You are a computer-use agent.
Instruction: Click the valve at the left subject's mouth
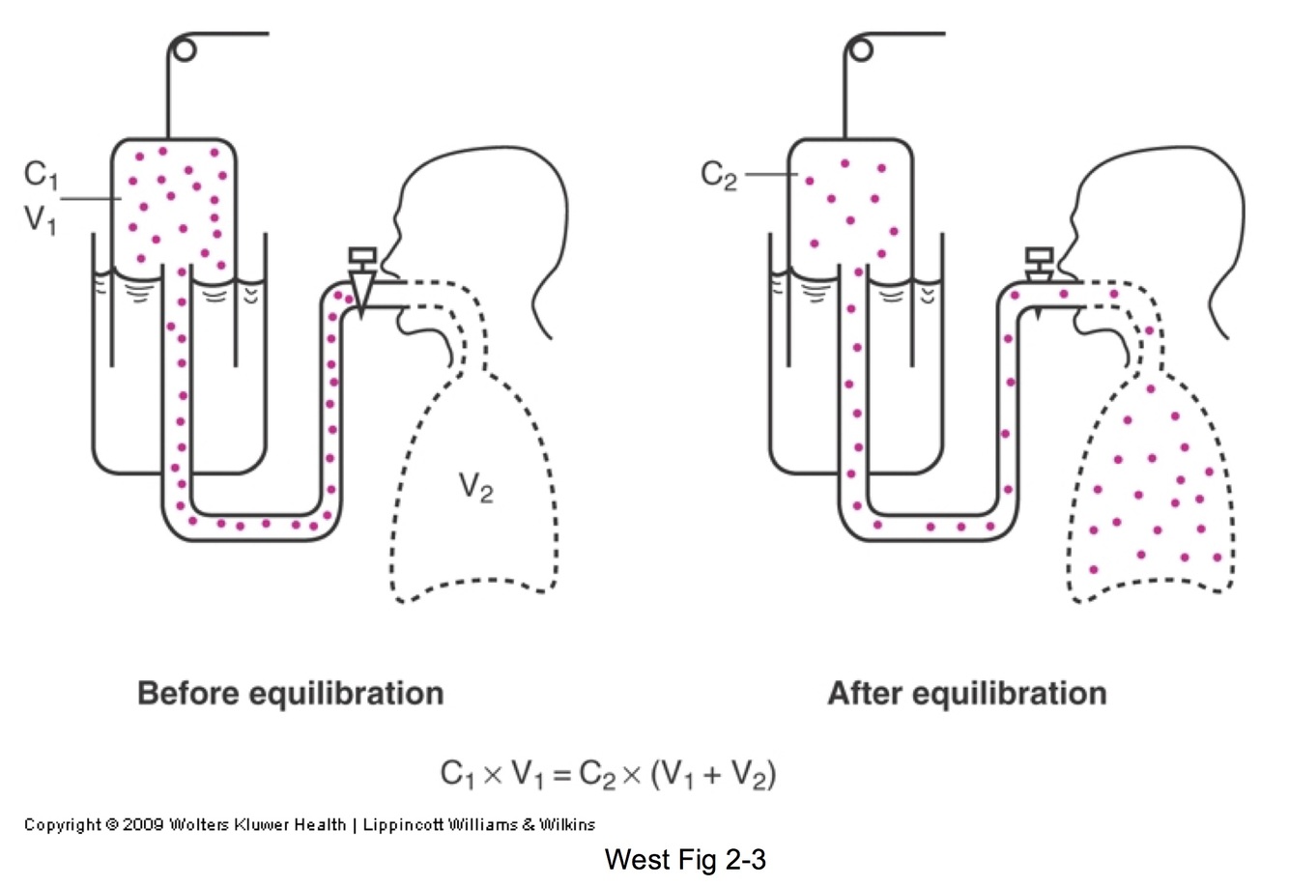363,280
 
